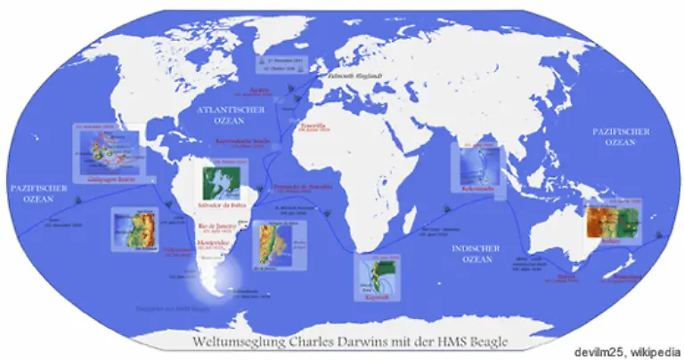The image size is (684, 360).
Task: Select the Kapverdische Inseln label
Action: (242, 140)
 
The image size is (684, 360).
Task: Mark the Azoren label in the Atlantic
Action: (258, 90)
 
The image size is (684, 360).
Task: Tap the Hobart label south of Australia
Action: (567, 275)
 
